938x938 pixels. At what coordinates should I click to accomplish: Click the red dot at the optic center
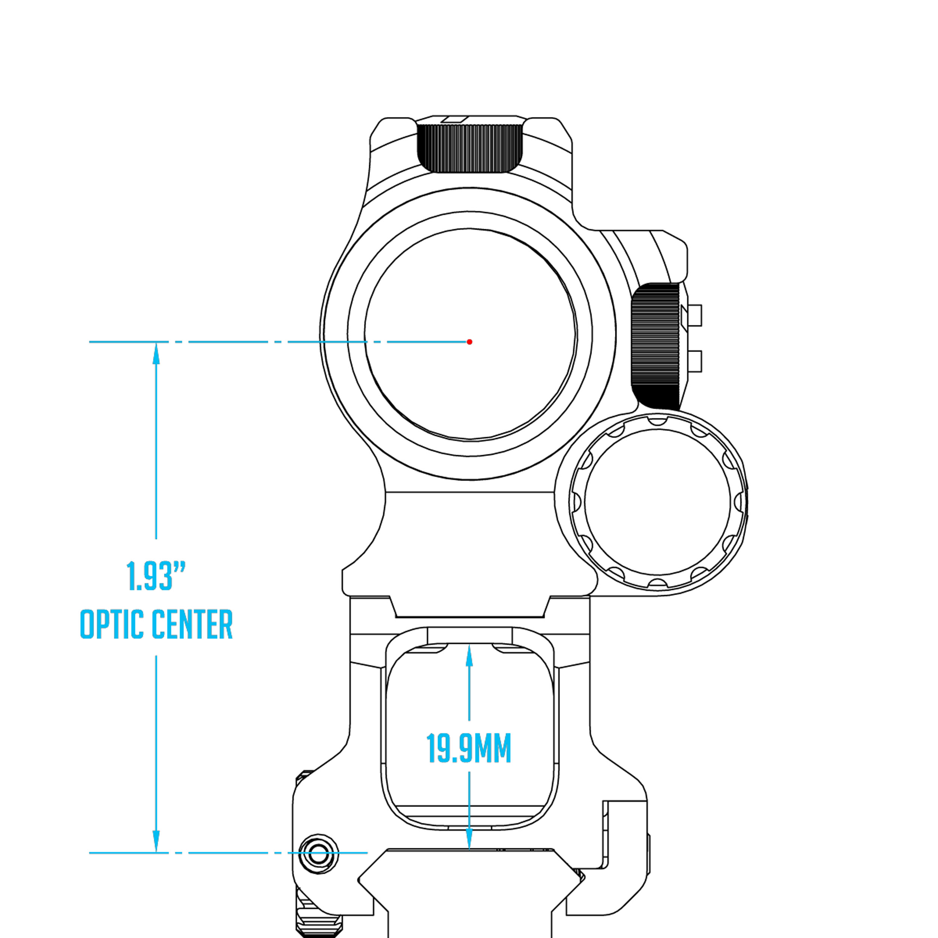click(x=469, y=342)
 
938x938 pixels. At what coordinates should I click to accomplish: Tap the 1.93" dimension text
click(x=156, y=576)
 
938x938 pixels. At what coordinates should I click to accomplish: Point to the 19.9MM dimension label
click(x=469, y=749)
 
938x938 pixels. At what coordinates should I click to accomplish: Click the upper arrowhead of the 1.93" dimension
click(x=156, y=353)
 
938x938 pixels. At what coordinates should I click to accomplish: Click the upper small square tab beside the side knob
click(x=695, y=315)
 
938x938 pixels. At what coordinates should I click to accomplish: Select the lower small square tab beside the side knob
click(x=695, y=362)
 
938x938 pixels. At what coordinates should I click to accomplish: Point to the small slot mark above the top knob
click(x=454, y=119)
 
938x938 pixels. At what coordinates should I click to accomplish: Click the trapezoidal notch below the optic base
click(x=470, y=607)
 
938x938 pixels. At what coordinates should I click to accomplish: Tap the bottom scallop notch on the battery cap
click(x=657, y=583)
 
